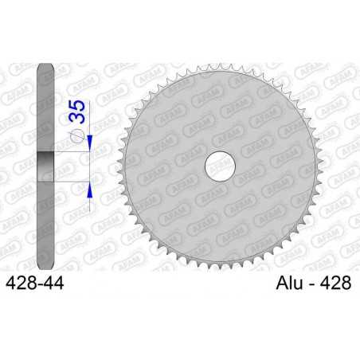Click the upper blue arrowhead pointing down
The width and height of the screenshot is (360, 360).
tap(90, 143)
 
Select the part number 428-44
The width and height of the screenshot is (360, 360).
tap(36, 282)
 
